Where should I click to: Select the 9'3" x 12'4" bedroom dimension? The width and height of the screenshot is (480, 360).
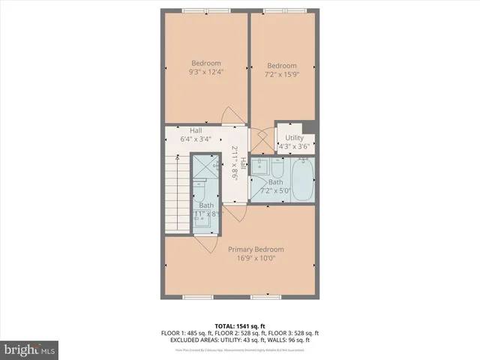(x=205, y=72)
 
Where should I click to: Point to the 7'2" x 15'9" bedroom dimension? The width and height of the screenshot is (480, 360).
(x=281, y=75)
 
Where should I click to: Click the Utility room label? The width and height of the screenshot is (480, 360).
(x=294, y=138)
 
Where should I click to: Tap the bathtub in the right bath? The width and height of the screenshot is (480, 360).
(x=303, y=180)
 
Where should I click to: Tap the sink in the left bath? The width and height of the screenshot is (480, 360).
(x=205, y=222)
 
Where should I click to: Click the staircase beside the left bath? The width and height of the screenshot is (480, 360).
(x=175, y=195)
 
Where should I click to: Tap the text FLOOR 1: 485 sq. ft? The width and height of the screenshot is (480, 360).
(x=187, y=333)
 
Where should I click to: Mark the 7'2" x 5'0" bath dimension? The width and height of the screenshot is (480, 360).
(x=275, y=190)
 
